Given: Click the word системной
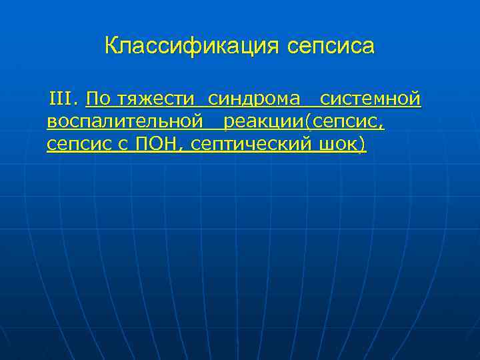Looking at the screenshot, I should [370, 100].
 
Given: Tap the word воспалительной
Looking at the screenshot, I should [125, 122].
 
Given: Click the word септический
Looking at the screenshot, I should [248, 144].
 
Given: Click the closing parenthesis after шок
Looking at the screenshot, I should [363, 144].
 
